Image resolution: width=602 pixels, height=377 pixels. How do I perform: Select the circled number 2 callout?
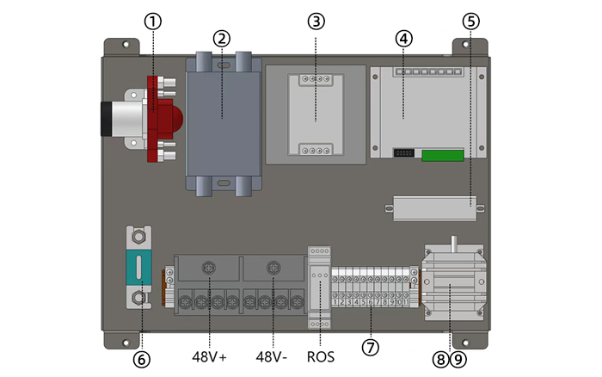click(x=222, y=38)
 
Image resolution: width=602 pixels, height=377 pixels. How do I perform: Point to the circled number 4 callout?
click(x=403, y=38)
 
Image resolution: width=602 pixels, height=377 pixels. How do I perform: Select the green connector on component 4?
click(x=443, y=156)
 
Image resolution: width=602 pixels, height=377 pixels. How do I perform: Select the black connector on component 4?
click(x=403, y=153)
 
